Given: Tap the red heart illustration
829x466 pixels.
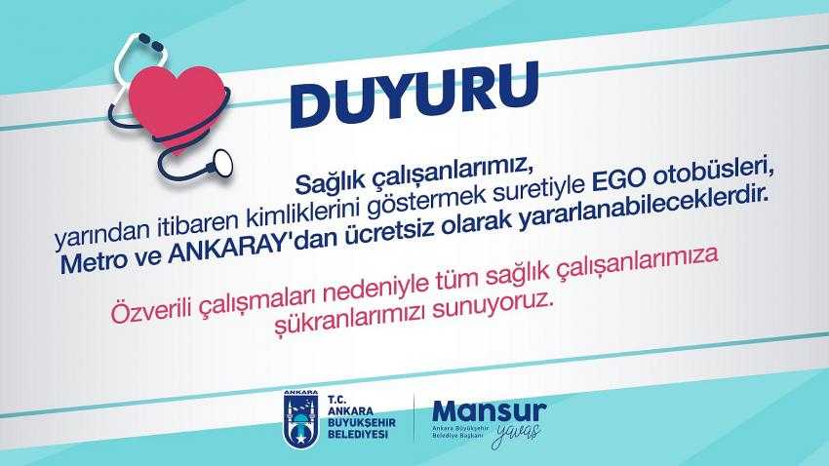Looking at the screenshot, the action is (x=178, y=105).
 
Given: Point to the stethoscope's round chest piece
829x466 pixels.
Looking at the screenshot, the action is (x=221, y=162).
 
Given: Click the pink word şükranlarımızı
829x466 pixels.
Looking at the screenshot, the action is (x=350, y=320).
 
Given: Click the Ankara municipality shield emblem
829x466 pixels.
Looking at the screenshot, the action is (x=300, y=420).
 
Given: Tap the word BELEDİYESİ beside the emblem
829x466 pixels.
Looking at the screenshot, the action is (x=358, y=434).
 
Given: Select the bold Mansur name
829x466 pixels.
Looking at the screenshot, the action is (x=489, y=411).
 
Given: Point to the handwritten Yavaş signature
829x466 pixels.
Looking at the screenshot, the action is (x=517, y=434).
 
